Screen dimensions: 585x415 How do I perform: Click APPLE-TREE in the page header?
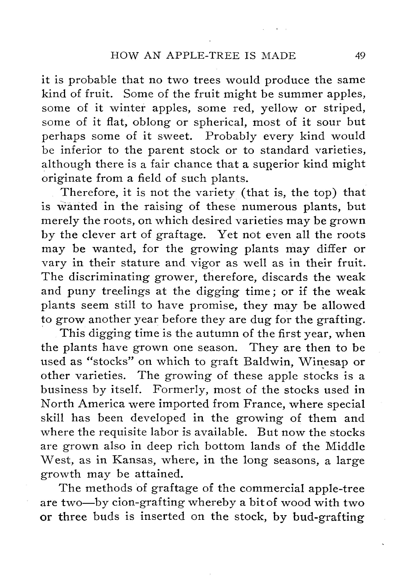click(x=203, y=55)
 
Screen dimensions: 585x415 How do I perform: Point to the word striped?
click(x=344, y=108)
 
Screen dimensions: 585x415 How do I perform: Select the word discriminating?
click(x=109, y=277)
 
